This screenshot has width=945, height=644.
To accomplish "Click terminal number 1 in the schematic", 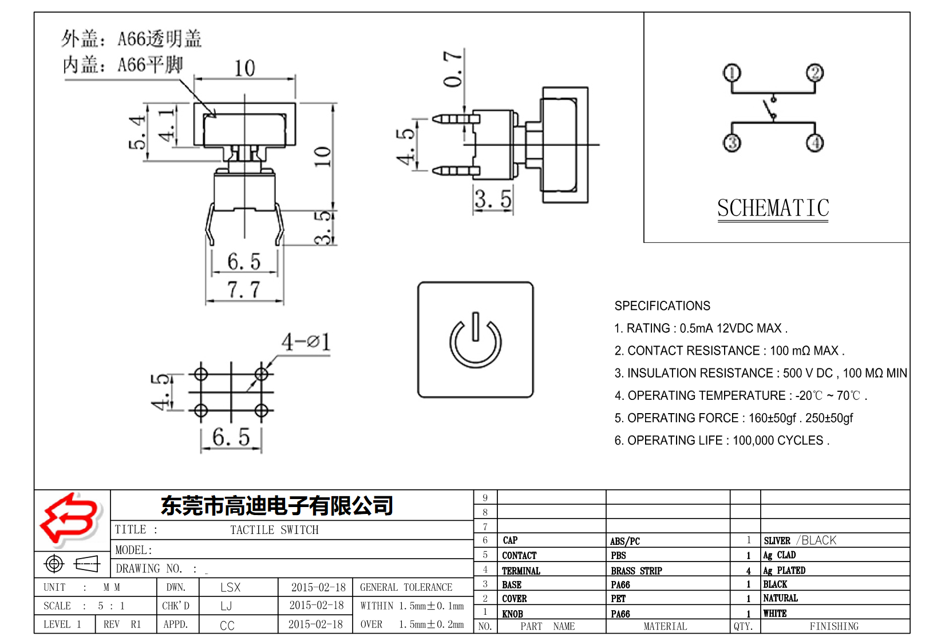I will [732, 73].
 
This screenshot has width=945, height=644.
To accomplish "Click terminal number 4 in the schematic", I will [815, 143].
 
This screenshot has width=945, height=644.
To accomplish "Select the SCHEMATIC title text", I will [773, 208].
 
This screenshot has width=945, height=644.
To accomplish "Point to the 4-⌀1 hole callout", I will [306, 343].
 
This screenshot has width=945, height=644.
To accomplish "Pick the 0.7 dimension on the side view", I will [453, 69].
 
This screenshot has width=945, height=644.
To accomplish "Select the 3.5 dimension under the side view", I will [492, 200].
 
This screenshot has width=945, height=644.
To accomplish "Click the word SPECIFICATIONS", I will [662, 306].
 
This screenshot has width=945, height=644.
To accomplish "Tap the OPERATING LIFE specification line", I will [721, 441].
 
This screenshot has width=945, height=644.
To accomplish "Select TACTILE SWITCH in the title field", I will [274, 530].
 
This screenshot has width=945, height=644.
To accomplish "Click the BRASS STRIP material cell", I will [636, 571].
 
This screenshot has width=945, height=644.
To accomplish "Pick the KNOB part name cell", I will [512, 614].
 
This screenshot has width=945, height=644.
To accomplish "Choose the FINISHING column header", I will [833, 626].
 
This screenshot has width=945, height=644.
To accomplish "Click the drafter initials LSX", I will [230, 587].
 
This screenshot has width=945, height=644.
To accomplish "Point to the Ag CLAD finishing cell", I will [779, 555].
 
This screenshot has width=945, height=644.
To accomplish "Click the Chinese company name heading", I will [276, 505].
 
